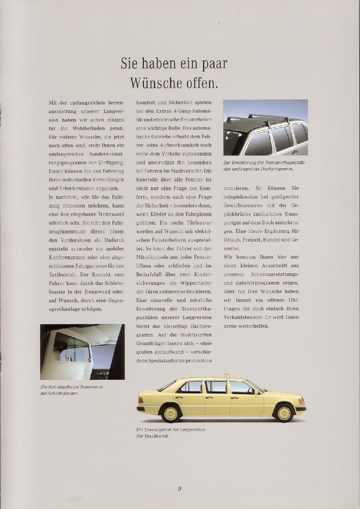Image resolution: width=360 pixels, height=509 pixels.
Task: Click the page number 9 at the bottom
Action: [180, 489]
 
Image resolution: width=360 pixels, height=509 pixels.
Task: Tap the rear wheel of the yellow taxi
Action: [171, 414]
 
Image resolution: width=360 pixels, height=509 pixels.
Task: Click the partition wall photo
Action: [83, 352]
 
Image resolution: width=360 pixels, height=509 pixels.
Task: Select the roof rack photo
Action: [265, 127]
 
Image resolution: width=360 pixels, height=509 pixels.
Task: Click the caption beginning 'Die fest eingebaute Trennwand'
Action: [71, 390]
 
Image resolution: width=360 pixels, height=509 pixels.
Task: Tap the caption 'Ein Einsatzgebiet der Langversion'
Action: [171, 433]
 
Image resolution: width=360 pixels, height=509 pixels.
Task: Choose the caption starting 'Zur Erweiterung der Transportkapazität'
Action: [264, 166]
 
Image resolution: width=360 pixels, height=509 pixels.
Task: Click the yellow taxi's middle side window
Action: [216, 387]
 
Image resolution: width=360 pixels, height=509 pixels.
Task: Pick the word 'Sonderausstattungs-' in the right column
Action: [275, 274]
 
